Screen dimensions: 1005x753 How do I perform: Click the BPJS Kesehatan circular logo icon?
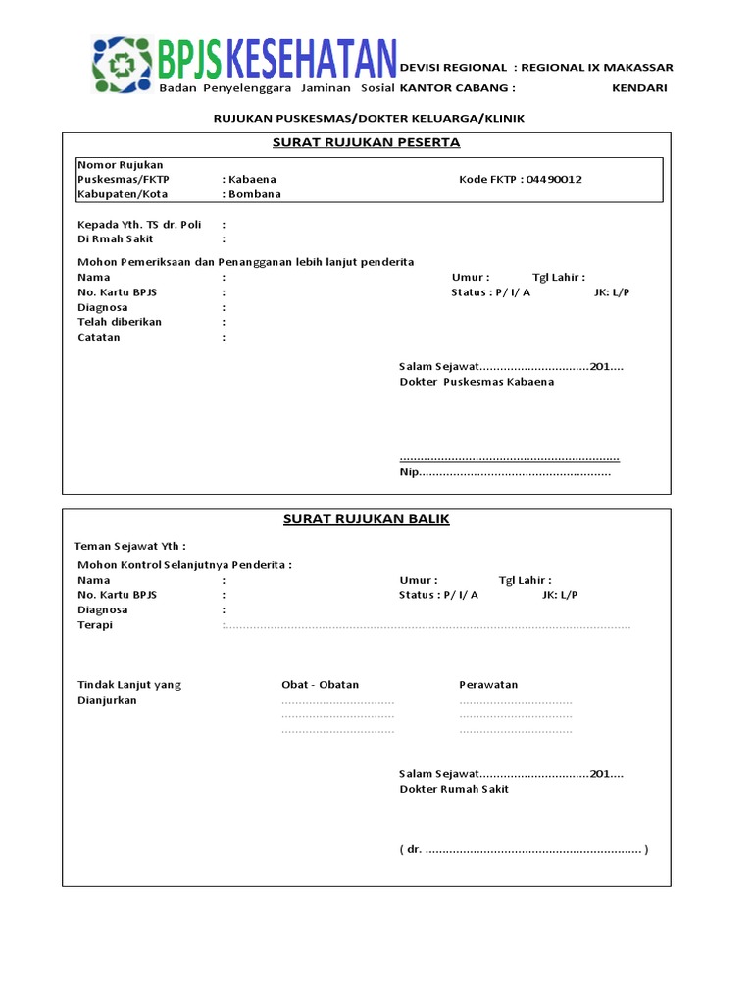tap(124, 66)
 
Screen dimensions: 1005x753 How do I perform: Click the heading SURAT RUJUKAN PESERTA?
tap(366, 143)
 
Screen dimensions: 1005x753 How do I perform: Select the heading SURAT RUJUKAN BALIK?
tap(366, 519)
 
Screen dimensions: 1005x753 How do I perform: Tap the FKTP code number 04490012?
tap(554, 180)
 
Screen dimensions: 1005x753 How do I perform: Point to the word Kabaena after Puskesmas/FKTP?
tap(252, 180)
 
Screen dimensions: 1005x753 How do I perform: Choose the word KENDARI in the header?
tap(639, 88)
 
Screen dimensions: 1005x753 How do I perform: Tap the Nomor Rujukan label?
tap(121, 165)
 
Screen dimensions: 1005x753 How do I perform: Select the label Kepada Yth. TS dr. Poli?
tap(139, 225)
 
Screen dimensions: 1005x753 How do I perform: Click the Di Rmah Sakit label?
tap(115, 239)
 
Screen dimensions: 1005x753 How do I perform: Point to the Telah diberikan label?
tap(120, 322)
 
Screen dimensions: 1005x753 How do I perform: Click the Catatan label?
tap(99, 338)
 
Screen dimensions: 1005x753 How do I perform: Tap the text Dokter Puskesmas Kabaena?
tap(477, 382)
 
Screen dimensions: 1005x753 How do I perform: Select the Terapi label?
tap(95, 625)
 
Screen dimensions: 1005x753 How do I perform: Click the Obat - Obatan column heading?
tap(320, 685)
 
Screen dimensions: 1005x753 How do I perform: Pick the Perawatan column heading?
tap(488, 685)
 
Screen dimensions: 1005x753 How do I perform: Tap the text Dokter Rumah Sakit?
tap(454, 789)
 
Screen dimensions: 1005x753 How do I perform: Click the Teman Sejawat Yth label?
tap(129, 546)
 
